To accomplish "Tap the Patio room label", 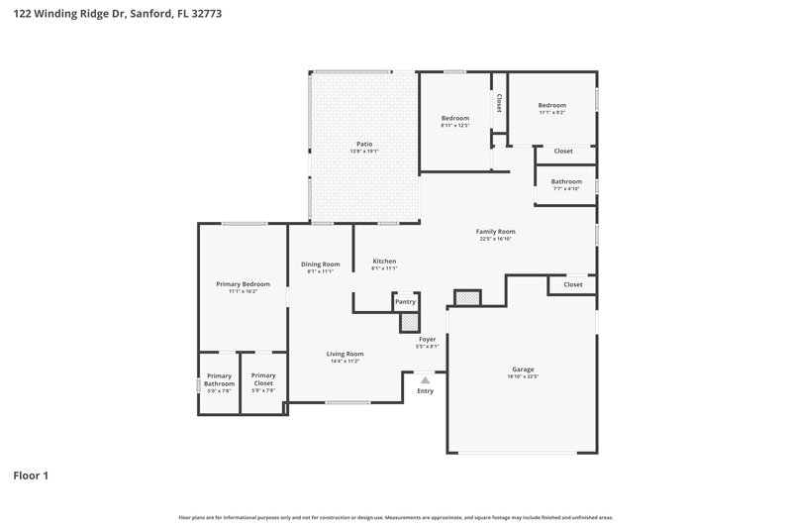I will tap(364, 144).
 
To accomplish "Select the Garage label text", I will tap(522, 370).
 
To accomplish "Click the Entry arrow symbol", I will tap(425, 379).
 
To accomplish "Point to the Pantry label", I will tap(405, 301).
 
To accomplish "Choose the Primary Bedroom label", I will tap(243, 284).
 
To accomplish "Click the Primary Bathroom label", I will tap(219, 379).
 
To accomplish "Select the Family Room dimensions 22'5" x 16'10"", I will tap(496, 239).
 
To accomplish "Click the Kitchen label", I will tap(384, 262).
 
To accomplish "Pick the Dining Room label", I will tap(321, 264).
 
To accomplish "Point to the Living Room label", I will tap(346, 354).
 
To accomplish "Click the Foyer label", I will tap(428, 339).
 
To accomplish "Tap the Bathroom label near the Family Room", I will tap(566, 181).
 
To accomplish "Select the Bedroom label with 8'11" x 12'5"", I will tap(455, 118).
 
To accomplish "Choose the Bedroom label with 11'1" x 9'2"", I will tap(551, 105).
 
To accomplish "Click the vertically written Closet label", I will tap(498, 104).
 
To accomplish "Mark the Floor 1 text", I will tap(31, 475).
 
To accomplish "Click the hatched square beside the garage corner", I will tap(466, 298).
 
